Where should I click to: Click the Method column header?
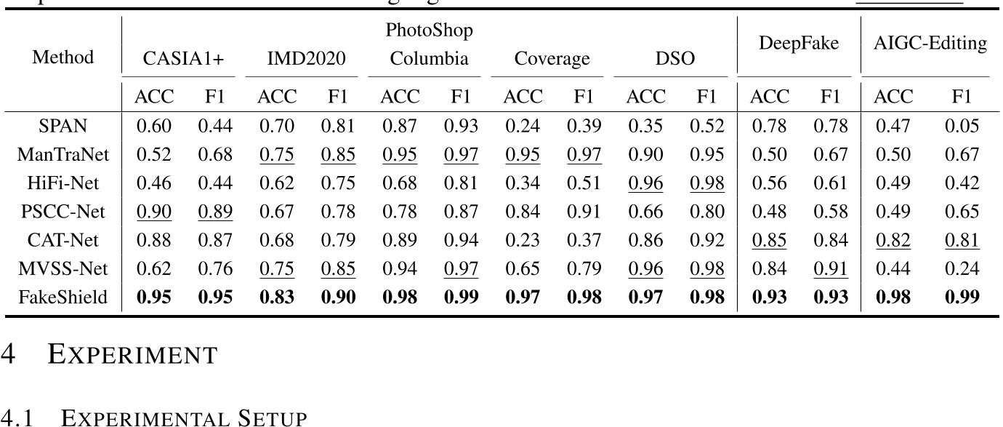click(63, 57)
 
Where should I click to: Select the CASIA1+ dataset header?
click(178, 59)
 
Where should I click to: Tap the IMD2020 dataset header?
click(302, 59)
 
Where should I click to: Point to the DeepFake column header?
click(799, 44)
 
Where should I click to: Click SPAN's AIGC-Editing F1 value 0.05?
click(962, 127)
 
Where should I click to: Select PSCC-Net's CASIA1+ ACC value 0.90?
click(153, 212)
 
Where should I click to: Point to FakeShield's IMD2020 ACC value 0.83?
click(277, 297)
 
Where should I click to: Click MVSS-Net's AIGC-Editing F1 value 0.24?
click(962, 268)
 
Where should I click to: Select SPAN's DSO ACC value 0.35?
click(645, 127)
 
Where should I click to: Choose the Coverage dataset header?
click(552, 59)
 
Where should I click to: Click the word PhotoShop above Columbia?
click(430, 31)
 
